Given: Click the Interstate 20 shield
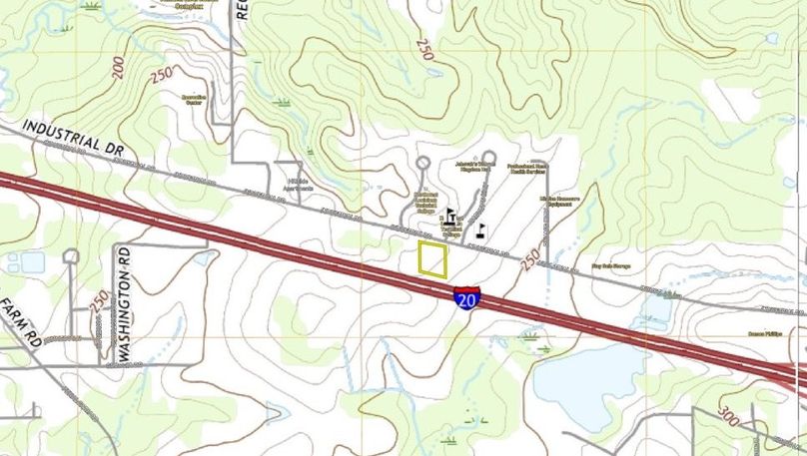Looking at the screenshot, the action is pyautogui.click(x=465, y=297).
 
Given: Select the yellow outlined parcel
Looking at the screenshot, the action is pyautogui.click(x=432, y=258).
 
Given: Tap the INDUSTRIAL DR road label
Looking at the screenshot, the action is pyautogui.click(x=72, y=137).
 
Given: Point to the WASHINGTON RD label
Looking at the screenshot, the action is pyautogui.click(x=125, y=303).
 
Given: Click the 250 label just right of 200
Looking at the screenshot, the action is pyautogui.click(x=160, y=76).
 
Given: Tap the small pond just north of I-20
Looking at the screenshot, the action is pyautogui.click(x=655, y=310).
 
